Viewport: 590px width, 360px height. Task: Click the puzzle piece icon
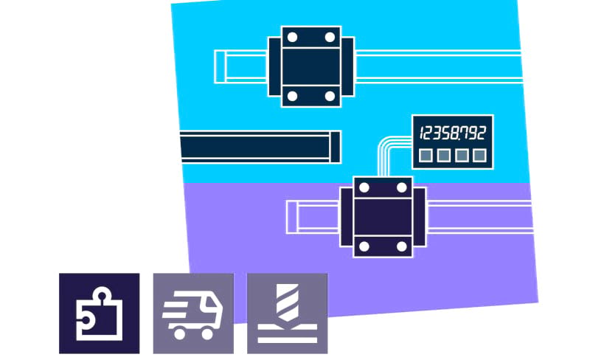[x=99, y=314]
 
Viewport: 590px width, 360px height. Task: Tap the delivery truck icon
[x=193, y=314]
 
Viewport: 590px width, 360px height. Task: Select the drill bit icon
[x=288, y=314]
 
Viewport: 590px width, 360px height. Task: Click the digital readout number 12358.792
[x=452, y=134]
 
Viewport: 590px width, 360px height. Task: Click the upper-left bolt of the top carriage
[x=292, y=37]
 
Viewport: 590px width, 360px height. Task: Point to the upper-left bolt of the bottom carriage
[x=364, y=187]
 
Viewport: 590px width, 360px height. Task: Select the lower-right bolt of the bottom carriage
[x=402, y=246]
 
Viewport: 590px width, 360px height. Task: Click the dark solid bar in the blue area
[x=254, y=145]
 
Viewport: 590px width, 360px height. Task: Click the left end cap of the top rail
[x=220, y=66]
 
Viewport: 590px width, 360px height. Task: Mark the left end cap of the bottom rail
[x=292, y=216]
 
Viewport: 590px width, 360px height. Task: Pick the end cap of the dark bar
[x=335, y=145]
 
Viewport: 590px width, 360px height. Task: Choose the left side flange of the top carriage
[x=274, y=66]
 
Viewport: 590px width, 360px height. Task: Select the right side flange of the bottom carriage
[x=419, y=217]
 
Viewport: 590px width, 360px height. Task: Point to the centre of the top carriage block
[x=311, y=66]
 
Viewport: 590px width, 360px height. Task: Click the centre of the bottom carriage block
[x=383, y=217]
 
